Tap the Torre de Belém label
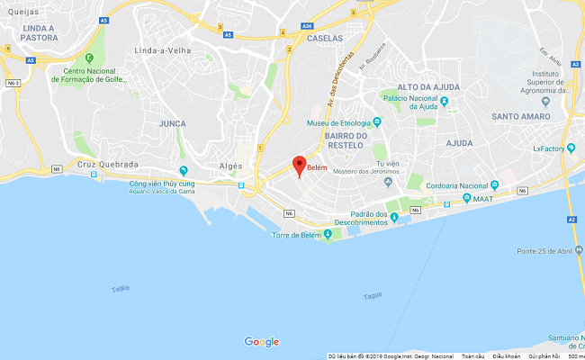[296, 236]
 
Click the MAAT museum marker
[466, 198]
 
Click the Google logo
[262, 342]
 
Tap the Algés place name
[231, 166]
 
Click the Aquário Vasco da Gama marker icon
[184, 170]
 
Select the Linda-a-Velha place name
[162, 51]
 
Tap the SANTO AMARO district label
[523, 115]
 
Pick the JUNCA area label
[171, 122]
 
